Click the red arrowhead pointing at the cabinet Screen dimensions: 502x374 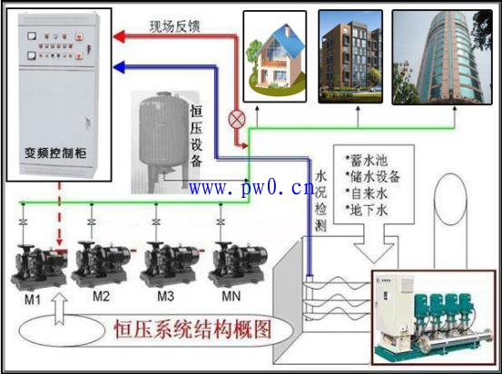point(119,37)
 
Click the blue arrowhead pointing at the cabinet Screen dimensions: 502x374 point(119,67)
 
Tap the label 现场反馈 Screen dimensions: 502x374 point(174,26)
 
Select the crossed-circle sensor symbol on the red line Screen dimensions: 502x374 point(237,120)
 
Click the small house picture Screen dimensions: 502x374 point(275,56)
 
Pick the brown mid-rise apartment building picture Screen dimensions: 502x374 point(350,56)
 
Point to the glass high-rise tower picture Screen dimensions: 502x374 point(442,57)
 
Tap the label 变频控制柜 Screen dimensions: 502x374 point(55,153)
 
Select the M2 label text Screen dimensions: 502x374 point(101,296)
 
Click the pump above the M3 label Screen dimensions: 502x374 point(170,263)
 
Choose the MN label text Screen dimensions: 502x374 point(231,296)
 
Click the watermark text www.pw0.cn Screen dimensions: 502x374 point(251,188)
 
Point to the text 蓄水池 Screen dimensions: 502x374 point(369,161)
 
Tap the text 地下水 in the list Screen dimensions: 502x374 point(369,210)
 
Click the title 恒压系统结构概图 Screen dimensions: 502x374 point(192,330)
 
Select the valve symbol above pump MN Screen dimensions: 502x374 point(221,221)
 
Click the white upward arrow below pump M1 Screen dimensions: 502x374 point(59,309)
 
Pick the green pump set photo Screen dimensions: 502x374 point(433,318)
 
